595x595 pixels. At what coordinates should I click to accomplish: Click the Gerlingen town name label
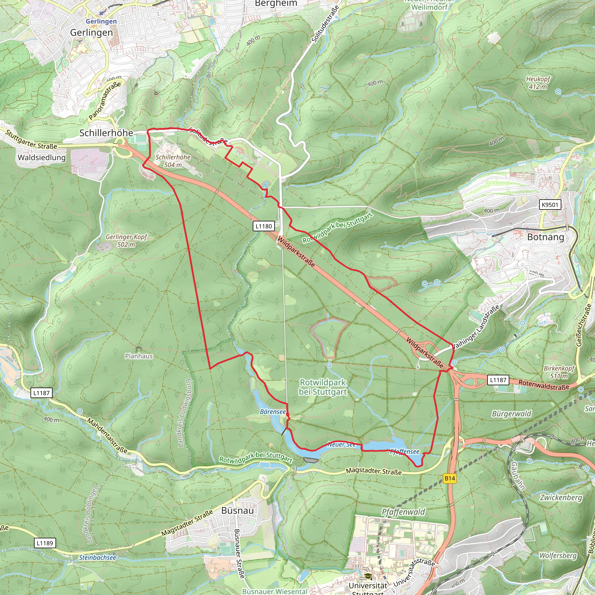(x=92, y=32)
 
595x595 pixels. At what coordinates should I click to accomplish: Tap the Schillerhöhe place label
(x=106, y=133)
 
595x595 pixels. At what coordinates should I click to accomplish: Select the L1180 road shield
(x=264, y=226)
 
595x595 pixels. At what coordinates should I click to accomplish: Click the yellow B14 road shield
(x=450, y=478)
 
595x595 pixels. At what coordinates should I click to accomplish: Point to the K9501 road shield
(x=550, y=205)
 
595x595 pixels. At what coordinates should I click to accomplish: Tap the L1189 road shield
(x=45, y=543)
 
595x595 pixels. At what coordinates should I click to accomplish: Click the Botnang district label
(x=546, y=237)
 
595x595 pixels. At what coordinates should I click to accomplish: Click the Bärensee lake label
(x=273, y=412)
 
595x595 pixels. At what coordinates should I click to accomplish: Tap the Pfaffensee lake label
(x=405, y=451)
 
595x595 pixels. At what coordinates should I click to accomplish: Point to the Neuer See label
(x=341, y=445)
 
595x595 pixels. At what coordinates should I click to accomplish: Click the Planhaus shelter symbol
(x=138, y=348)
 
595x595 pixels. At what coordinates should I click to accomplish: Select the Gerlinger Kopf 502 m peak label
(x=126, y=241)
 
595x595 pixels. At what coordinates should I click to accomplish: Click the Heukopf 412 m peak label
(x=538, y=83)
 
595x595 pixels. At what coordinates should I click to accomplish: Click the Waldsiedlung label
(x=42, y=158)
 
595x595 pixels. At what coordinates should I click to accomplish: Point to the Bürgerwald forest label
(x=512, y=414)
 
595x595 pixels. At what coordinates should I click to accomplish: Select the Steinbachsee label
(x=98, y=558)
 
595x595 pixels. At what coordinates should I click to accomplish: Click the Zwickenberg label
(x=561, y=498)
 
